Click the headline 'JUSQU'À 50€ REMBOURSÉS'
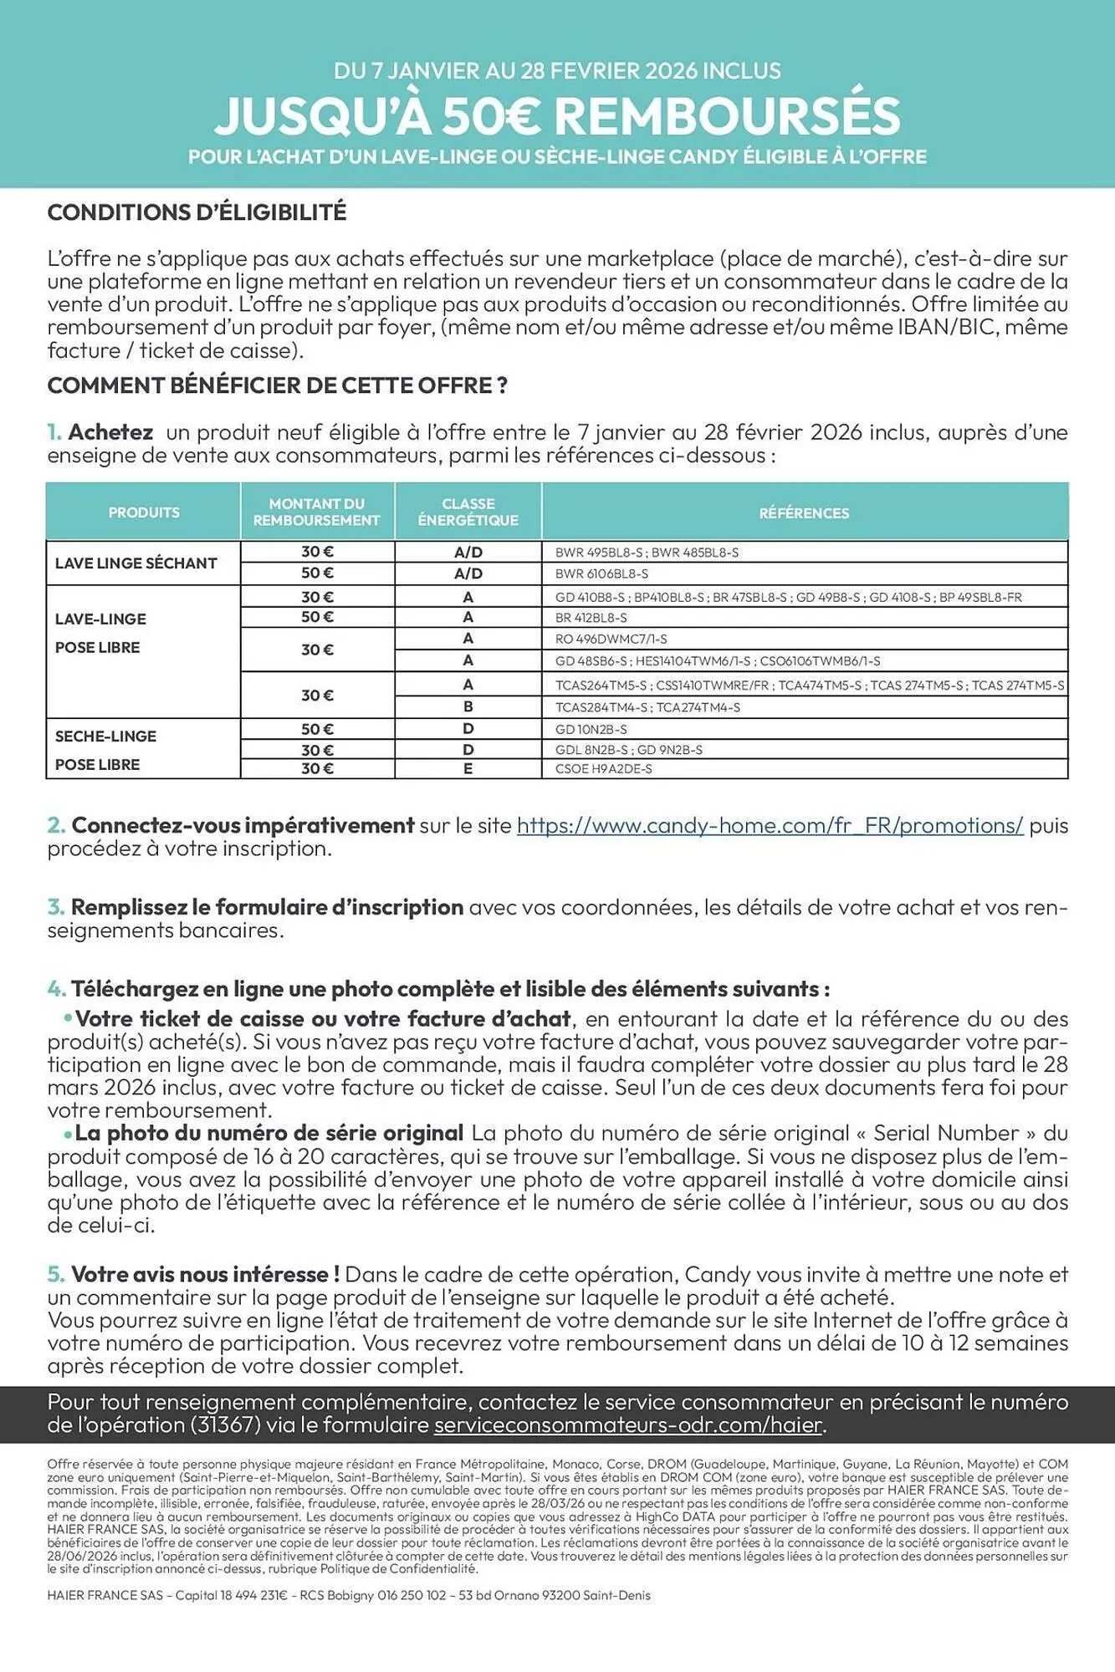pyautogui.click(x=557, y=115)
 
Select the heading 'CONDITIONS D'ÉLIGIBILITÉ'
pyautogui.click(x=197, y=212)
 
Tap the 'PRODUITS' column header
pyautogui.click(x=144, y=512)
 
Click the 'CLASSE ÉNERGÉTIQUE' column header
pyautogui.click(x=468, y=512)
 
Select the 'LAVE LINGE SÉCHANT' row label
pyautogui.click(x=136, y=563)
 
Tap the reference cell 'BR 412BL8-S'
pyautogui.click(x=591, y=618)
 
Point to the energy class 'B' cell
pyautogui.click(x=468, y=707)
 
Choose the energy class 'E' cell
pyautogui.click(x=468, y=769)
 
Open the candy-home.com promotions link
pyautogui.click(x=770, y=826)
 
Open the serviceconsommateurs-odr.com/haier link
pyautogui.click(x=628, y=1425)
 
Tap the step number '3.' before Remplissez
pyautogui.click(x=56, y=907)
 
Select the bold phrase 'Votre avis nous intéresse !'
pyautogui.click(x=205, y=1274)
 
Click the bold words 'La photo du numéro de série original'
pyautogui.click(x=269, y=1134)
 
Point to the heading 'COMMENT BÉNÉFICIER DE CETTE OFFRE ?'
pyautogui.click(x=278, y=385)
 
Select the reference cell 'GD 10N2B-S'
pyautogui.click(x=591, y=730)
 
